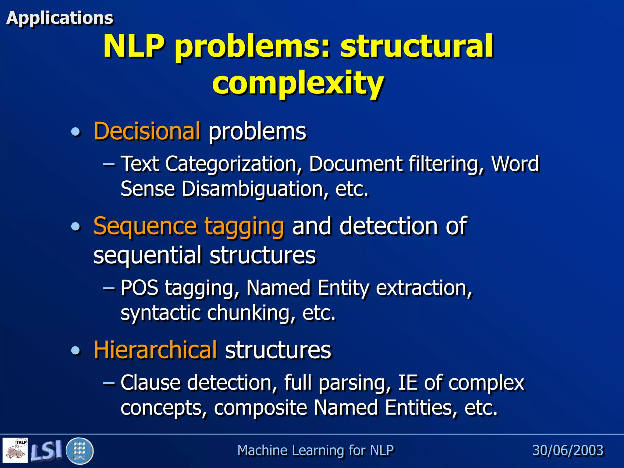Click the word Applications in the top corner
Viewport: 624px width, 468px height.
point(60,18)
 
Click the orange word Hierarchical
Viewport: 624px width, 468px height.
point(155,349)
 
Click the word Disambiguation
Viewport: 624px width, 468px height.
point(253,189)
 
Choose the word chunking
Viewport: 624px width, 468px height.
point(251,313)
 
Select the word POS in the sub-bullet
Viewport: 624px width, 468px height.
point(140,288)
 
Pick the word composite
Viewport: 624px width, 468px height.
point(261,408)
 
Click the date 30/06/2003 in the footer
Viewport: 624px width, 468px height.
point(568,450)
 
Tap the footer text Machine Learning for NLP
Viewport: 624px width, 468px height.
point(315,450)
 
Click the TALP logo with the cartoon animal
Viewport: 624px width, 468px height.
point(15,450)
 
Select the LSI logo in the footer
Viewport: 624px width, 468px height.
point(46,450)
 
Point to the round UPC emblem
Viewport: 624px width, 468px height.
point(79,451)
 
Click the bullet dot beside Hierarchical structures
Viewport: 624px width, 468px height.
point(76,350)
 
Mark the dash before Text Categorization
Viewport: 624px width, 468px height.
point(109,164)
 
